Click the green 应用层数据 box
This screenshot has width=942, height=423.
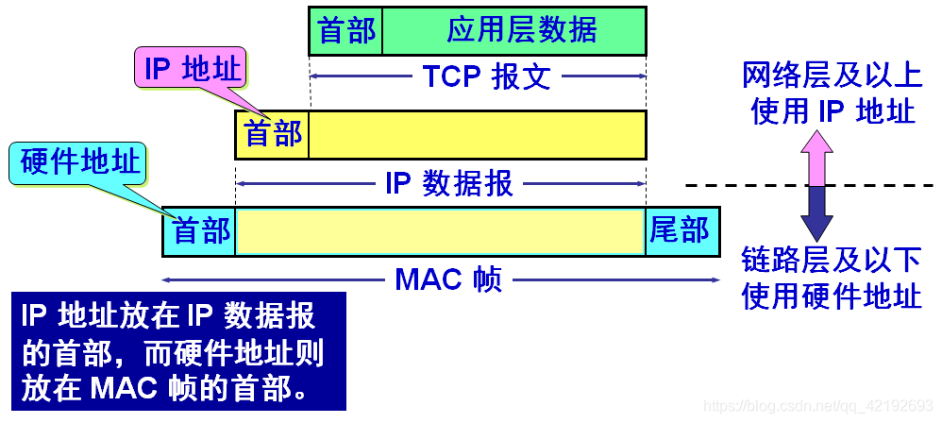coord(514,30)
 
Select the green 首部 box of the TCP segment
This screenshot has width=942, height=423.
coord(346,30)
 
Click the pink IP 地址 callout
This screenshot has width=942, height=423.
coord(194,69)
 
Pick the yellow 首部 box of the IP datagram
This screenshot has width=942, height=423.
coord(273,134)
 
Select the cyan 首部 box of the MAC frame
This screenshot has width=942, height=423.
coord(200,231)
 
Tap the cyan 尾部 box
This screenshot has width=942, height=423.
coord(681,231)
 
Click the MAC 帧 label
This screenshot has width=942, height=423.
coord(448,279)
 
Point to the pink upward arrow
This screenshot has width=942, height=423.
coord(816,159)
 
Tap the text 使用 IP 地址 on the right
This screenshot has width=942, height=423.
coord(832,110)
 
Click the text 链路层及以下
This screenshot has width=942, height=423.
coord(832,262)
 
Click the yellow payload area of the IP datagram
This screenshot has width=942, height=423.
coord(477,134)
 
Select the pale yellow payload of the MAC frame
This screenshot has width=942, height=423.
coord(440,231)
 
